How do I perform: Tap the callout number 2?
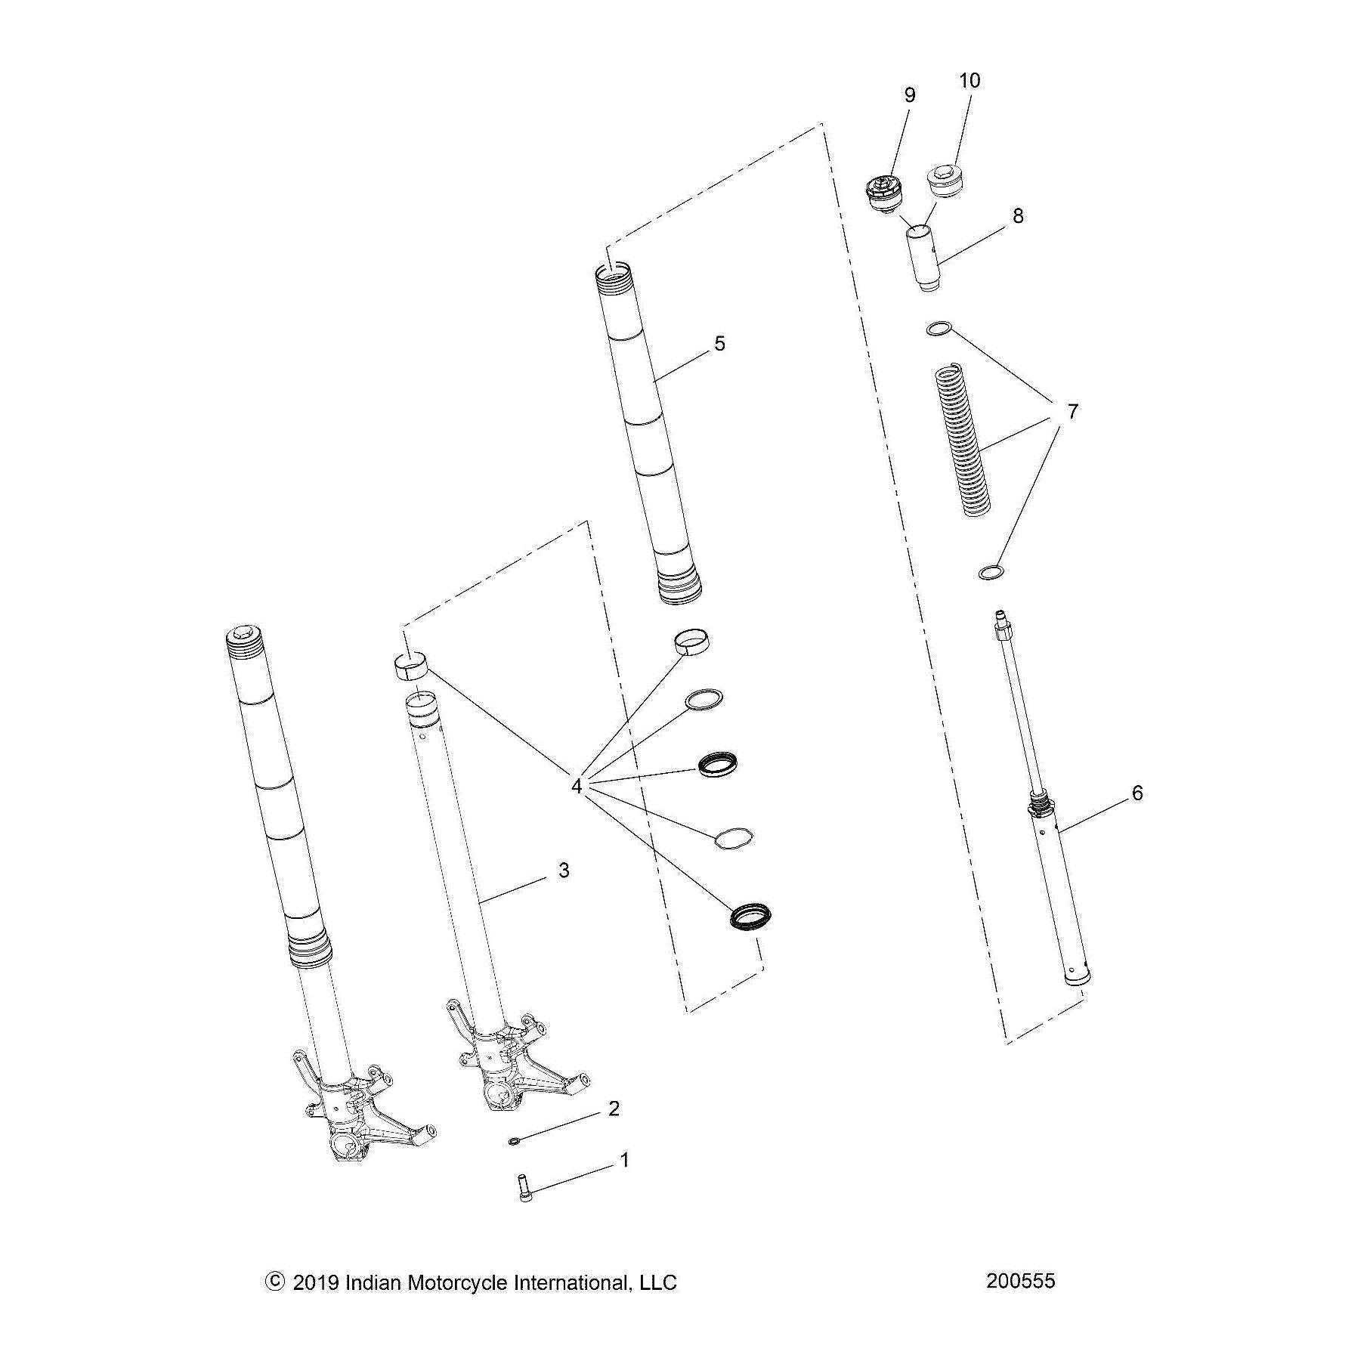(x=614, y=1109)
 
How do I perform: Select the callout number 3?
(x=564, y=871)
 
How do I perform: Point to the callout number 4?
(x=577, y=787)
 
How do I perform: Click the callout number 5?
(x=719, y=344)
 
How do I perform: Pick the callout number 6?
(x=1138, y=793)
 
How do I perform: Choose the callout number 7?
(x=1072, y=412)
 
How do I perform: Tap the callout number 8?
(x=1018, y=215)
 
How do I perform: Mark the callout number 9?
(x=909, y=95)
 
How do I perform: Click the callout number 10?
(x=970, y=80)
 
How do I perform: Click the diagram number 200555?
(x=1020, y=1281)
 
